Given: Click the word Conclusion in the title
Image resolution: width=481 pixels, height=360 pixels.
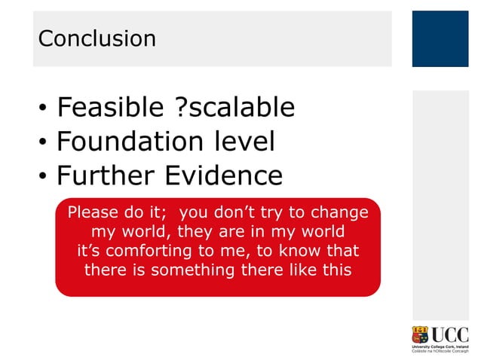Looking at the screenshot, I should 97,38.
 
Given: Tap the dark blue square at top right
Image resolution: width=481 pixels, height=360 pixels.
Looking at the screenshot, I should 440,38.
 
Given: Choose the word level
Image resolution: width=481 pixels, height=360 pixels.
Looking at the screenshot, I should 242,142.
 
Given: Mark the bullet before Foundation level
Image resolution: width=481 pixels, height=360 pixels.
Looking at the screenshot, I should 43,145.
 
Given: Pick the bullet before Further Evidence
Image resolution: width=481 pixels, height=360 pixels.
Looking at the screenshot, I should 43,178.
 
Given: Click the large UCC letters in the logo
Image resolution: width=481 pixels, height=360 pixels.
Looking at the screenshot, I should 450,334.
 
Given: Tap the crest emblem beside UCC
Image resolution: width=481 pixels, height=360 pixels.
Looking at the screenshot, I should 421,336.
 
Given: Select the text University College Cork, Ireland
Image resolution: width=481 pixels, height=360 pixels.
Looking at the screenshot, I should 440,346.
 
